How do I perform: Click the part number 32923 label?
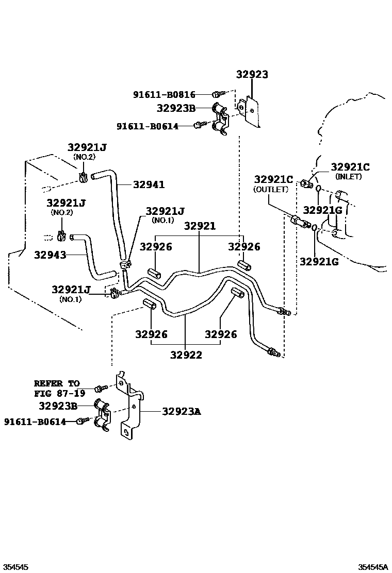[x=252, y=74]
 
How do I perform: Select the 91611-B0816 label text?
[x=164, y=94]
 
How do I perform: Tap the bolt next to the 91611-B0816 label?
[x=217, y=94]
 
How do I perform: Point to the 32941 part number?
[x=149, y=184]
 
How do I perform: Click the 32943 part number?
[x=50, y=255]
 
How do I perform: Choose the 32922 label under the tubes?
[x=186, y=355]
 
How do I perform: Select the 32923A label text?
[x=182, y=411]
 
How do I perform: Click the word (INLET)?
[x=349, y=176]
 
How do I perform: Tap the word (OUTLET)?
[x=271, y=189]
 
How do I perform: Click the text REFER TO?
[x=57, y=383]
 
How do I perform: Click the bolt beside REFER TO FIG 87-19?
[x=100, y=387]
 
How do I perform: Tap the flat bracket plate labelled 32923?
[x=251, y=110]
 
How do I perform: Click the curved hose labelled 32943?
[x=91, y=254]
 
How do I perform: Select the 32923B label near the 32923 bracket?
[x=176, y=108]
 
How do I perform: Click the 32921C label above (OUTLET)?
[x=273, y=179]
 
